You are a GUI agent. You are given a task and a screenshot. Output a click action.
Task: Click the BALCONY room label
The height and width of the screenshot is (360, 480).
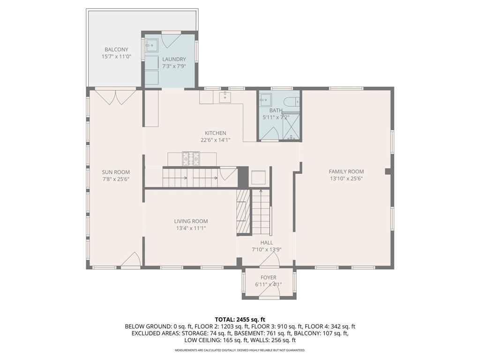click(x=116, y=49)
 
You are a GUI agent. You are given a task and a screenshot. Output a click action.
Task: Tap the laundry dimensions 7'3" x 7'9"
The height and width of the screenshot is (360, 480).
click(x=174, y=67)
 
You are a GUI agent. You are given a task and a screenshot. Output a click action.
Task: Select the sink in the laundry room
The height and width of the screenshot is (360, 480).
click(x=151, y=45)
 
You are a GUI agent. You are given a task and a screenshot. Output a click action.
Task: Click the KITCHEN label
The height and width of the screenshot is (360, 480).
click(x=215, y=133)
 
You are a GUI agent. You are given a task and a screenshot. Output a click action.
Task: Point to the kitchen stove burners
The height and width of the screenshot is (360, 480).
click(x=191, y=158)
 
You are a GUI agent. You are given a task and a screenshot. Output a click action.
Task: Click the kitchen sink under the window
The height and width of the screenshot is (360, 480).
click(x=225, y=97)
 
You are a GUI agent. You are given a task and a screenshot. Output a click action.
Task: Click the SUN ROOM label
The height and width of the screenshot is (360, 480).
click(x=116, y=172)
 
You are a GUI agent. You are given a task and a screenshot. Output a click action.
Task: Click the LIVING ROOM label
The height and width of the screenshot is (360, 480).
click(x=191, y=221)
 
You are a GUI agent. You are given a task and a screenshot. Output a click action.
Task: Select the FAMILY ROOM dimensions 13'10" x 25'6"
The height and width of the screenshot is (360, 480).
click(x=346, y=179)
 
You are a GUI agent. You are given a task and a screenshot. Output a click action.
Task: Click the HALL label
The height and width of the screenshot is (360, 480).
click(x=267, y=242)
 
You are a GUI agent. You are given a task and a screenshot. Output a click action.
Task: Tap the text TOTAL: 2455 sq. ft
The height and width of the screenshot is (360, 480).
click(x=240, y=319)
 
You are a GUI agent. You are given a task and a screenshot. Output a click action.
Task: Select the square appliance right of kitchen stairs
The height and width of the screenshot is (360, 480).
click(x=259, y=177)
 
